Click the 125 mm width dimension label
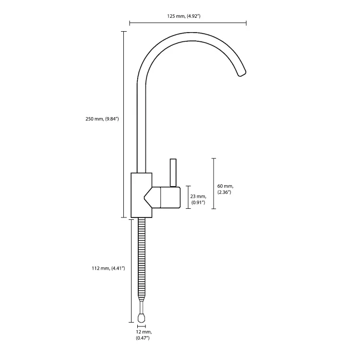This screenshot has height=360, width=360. pyautogui.click(x=184, y=16)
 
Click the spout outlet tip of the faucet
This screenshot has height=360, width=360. pyautogui.click(x=242, y=73)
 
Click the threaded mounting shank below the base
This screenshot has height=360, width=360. pyautogui.click(x=142, y=259)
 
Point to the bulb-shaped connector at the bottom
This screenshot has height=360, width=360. pyautogui.click(x=142, y=317)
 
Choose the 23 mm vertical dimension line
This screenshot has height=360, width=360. pyautogui.click(x=188, y=197)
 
